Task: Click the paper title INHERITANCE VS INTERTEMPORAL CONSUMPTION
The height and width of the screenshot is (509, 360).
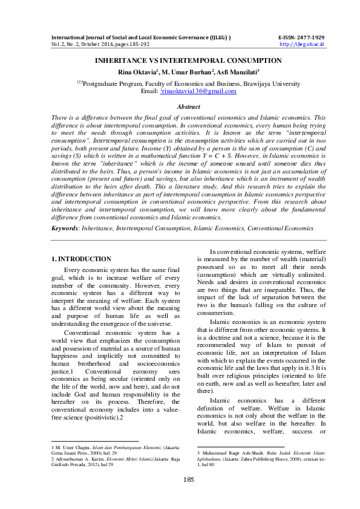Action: [x=180, y=61]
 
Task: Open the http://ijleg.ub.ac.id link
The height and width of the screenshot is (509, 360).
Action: [x=303, y=44]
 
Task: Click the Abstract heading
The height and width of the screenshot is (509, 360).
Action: [x=180, y=106]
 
